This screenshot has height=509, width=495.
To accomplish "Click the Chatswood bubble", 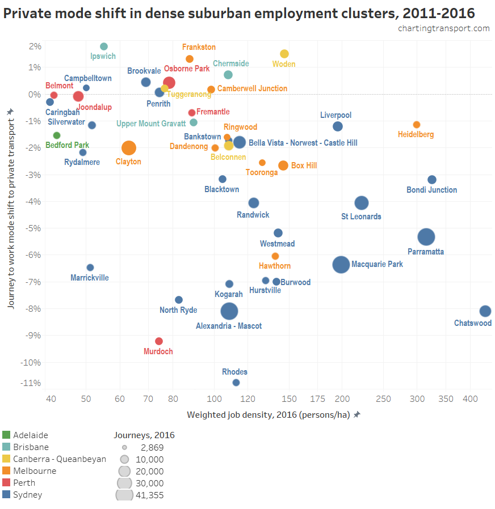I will (x=485, y=311).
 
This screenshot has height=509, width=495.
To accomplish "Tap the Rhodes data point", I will (x=236, y=383).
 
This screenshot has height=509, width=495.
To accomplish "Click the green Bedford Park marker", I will (x=57, y=135).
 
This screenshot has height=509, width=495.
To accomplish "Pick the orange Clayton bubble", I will (x=129, y=148).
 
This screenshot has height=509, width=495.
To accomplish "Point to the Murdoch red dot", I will (x=159, y=341).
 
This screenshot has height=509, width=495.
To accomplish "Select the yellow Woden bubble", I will (x=284, y=54).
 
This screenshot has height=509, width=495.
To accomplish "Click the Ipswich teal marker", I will (x=104, y=46).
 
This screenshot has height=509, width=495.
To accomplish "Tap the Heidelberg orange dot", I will (x=417, y=125).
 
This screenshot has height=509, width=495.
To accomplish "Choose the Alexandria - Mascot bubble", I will (x=229, y=311).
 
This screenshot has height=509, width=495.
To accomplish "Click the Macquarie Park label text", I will (x=377, y=264).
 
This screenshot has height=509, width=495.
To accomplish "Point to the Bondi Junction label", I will (x=431, y=190).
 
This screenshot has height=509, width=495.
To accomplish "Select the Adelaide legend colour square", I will (x=6, y=435).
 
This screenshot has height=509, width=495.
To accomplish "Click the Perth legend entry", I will (x=24, y=483).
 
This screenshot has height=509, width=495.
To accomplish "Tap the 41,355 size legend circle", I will (x=124, y=495).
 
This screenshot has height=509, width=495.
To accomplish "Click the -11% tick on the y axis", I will (x=32, y=383).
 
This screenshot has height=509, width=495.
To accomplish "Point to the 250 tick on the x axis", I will (x=383, y=399).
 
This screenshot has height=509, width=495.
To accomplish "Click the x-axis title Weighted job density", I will (x=268, y=415).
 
